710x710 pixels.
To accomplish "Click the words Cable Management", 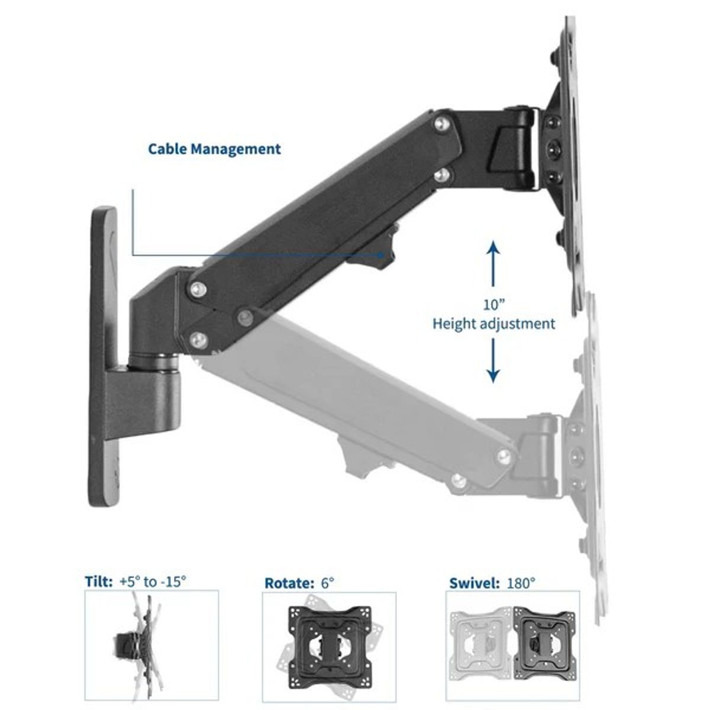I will [214, 149].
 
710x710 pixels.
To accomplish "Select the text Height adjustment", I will [493, 324].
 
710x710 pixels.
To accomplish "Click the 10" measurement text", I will [493, 304].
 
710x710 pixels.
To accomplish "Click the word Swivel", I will [474, 583].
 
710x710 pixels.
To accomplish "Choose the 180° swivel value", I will [521, 583].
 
